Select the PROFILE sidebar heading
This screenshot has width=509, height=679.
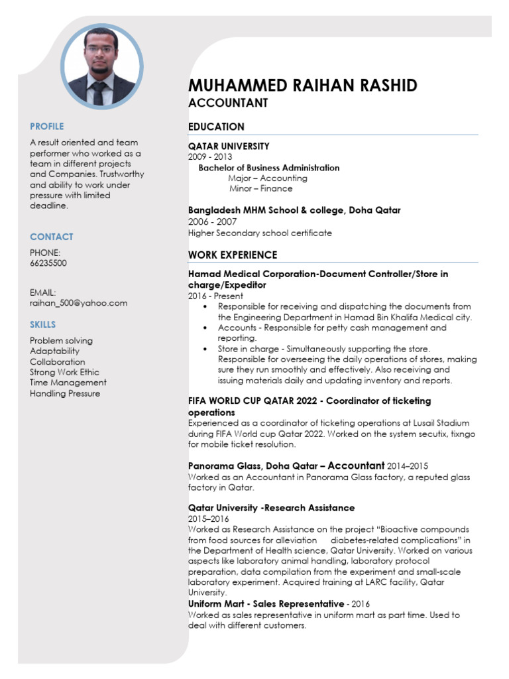pos(47,126)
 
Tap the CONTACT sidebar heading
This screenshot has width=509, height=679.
pos(52,237)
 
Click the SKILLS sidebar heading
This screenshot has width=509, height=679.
pos(43,324)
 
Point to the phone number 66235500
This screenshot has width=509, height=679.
pos(48,263)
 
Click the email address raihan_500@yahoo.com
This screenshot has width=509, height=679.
pos(79,303)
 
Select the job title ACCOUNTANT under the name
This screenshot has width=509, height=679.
pos(228,103)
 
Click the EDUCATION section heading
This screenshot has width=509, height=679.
pos(216,127)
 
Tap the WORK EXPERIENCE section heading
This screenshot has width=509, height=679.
pos(233,255)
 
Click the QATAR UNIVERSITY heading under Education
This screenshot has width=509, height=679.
pos(229,146)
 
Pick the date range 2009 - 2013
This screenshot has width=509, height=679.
pos(210,157)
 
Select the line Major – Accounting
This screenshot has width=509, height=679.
pos(268,178)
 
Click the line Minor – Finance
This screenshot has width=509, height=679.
pos(260,189)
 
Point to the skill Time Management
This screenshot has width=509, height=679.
pos(68,383)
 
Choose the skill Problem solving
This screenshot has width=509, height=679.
pos(62,340)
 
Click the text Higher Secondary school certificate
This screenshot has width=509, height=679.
pos(260,233)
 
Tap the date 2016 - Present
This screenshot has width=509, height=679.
pos(215,296)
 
